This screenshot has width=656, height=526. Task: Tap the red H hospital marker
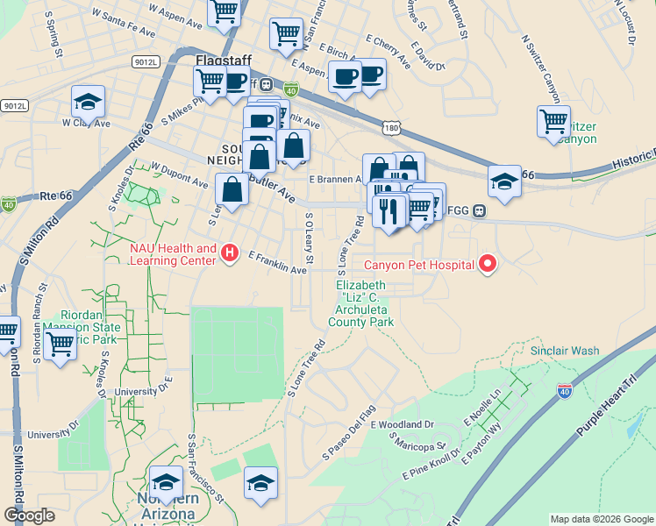pos(230,254)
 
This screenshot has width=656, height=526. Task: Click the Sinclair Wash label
pos(565,351)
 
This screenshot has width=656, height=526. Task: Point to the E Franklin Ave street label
pos(277,263)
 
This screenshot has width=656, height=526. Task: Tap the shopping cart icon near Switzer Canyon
pos(553,121)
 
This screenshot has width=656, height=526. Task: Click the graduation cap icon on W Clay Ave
pos(88,103)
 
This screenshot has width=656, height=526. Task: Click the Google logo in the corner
pos(29,515)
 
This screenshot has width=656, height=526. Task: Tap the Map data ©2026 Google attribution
pos(601,519)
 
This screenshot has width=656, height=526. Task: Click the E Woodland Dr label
pos(403,424)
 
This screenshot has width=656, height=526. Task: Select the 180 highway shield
pos(393,129)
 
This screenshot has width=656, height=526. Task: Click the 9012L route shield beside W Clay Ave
pos(15,105)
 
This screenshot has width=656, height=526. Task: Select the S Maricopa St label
pos(418,446)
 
